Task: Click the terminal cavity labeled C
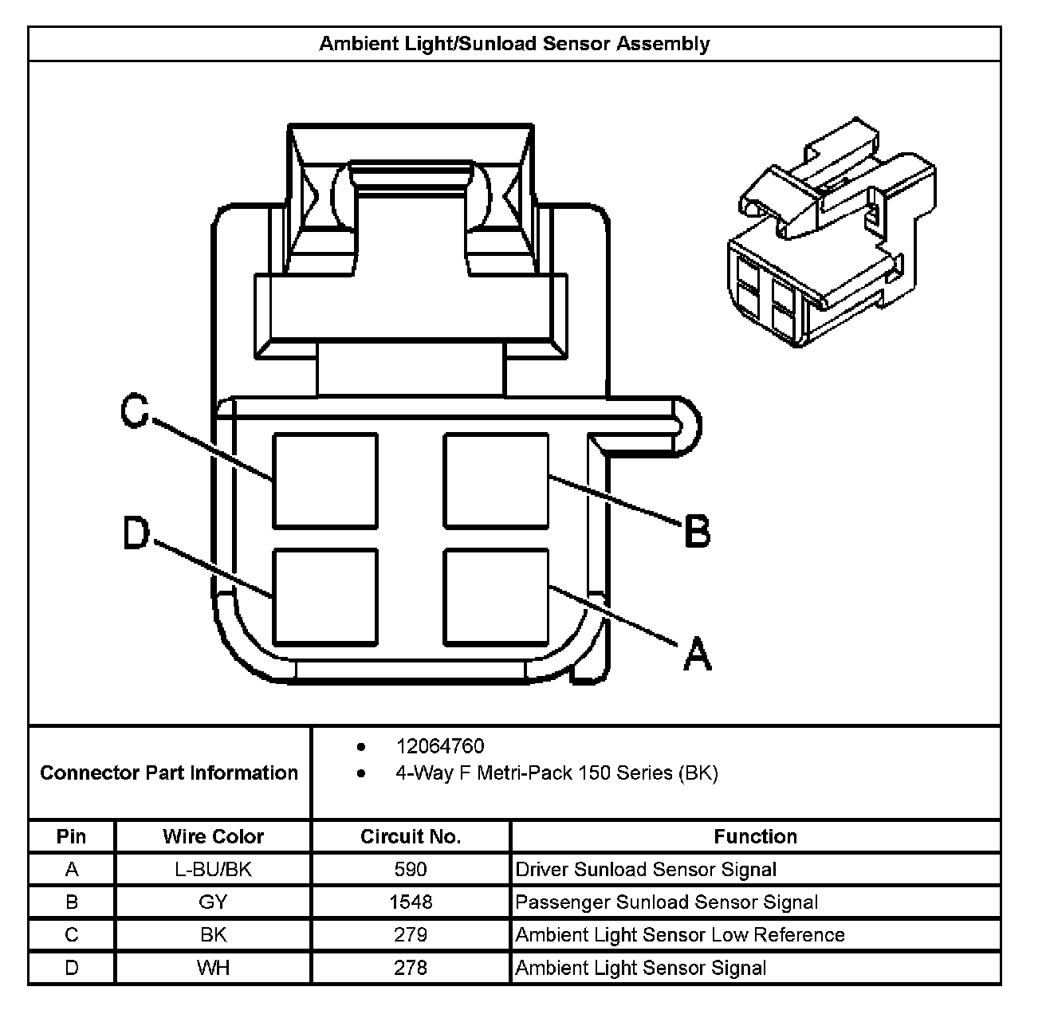tap(325, 481)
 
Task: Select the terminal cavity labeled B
tap(497, 481)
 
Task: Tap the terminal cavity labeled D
tap(325, 596)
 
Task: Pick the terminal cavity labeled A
tap(497, 596)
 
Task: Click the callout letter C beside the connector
tap(135, 411)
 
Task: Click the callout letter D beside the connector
tap(136, 533)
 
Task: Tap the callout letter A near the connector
tap(697, 654)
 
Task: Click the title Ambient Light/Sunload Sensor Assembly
tap(514, 44)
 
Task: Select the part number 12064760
tap(440, 746)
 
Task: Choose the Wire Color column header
tap(213, 836)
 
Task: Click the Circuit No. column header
tap(411, 836)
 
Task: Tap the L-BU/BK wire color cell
tap(213, 869)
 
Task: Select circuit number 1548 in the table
tap(411, 902)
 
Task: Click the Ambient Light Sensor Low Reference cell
tap(680, 934)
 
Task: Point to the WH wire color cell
tap(213, 968)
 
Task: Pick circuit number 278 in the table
tap(411, 968)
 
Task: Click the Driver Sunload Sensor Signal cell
tap(646, 869)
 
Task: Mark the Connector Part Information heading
tap(169, 772)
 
